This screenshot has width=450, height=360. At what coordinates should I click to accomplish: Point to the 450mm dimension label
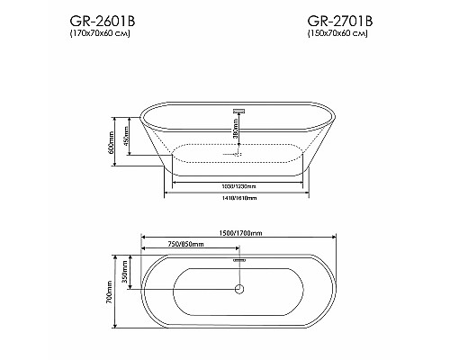(129, 134)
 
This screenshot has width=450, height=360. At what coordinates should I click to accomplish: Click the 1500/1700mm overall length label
(238, 233)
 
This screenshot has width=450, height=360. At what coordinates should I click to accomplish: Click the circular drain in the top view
(238, 289)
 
